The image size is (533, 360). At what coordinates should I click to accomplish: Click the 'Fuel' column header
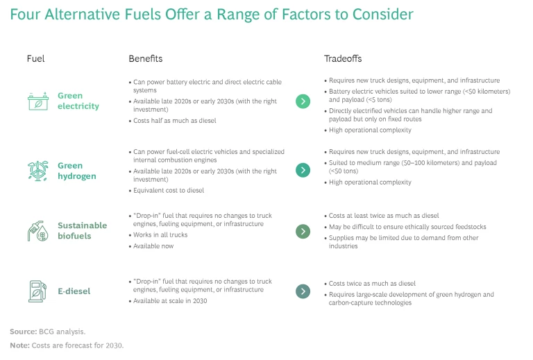pos(35,59)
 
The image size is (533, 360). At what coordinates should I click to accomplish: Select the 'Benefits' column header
pos(146,59)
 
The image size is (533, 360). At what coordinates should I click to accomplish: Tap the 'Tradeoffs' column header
pos(343,59)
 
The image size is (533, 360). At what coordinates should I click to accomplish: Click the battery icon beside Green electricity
pos(38,101)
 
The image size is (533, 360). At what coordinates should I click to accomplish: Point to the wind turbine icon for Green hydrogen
pos(37,171)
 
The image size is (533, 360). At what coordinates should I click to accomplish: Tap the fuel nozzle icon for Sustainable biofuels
pos(37,231)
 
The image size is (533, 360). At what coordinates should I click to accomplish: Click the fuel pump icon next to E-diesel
pos(37,291)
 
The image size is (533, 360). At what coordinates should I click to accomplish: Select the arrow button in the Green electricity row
pos(303,101)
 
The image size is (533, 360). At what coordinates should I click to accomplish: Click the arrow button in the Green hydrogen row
pos(303,170)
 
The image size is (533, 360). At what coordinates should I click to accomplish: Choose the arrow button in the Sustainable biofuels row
pos(303,232)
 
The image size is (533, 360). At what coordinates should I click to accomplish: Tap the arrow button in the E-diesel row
pos(303,291)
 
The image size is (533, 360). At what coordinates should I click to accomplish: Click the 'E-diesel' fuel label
pos(74,291)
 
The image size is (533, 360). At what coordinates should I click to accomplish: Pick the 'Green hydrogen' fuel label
pos(77,171)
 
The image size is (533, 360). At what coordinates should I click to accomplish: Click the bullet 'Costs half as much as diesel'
pos(172,121)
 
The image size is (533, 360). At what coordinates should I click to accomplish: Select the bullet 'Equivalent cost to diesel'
pos(167,191)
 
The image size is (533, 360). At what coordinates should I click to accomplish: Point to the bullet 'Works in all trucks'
pos(158,235)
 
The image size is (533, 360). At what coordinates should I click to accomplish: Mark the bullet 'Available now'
pos(151,246)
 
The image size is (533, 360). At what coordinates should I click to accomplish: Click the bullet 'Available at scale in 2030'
pos(167,301)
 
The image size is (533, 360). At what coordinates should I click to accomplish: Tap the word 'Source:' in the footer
pos(24,332)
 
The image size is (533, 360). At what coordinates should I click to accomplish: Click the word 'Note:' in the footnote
pos(19,345)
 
